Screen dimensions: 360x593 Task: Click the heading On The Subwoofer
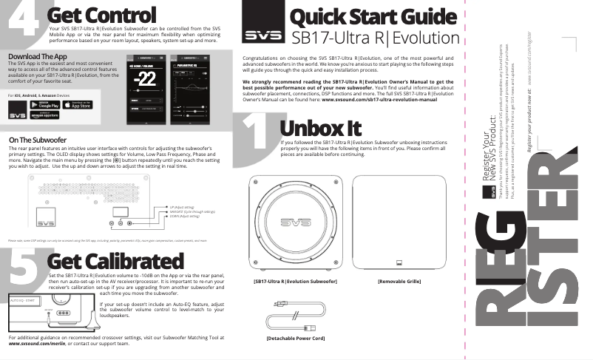38,140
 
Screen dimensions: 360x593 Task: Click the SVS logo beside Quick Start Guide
263,35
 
